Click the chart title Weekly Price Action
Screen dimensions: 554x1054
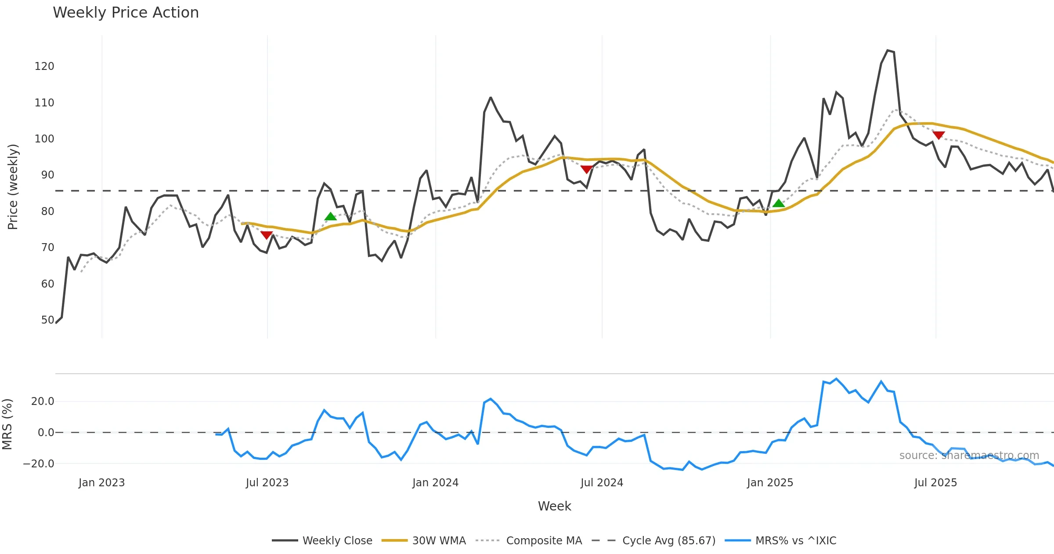point(126,13)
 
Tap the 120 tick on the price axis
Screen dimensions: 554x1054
point(44,66)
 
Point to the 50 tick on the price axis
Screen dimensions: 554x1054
point(47,320)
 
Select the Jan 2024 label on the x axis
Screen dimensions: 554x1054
point(435,483)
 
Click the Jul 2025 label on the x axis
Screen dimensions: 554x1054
point(935,483)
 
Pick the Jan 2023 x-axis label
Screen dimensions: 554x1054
point(102,483)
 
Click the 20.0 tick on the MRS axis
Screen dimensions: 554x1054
point(43,401)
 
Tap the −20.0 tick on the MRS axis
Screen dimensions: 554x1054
point(39,464)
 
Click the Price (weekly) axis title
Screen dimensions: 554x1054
point(13,187)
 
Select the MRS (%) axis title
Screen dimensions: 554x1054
point(7,424)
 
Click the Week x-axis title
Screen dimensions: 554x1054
point(554,507)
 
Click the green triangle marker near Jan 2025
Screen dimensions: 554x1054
point(779,203)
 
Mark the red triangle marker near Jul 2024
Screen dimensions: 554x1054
point(586,169)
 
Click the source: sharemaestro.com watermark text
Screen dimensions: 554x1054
point(969,456)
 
